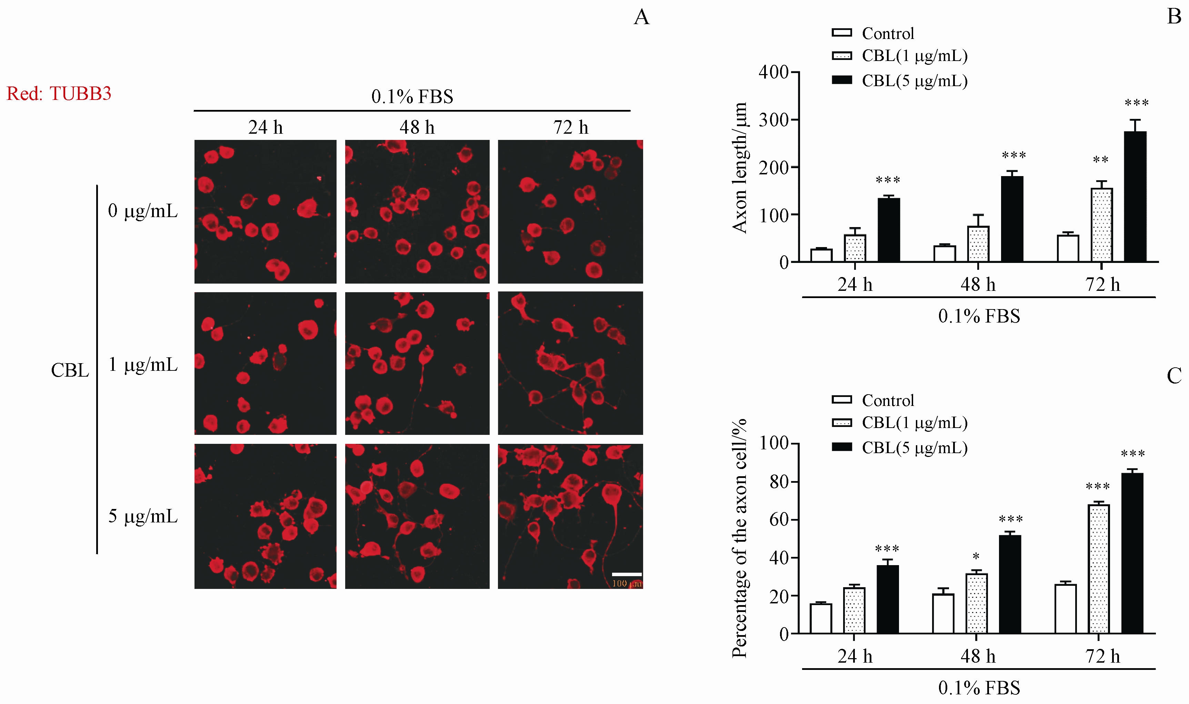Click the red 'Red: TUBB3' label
(x=59, y=93)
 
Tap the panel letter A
(x=641, y=17)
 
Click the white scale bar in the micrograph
(x=627, y=574)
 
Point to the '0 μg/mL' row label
(x=143, y=211)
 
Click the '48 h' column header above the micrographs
(x=417, y=127)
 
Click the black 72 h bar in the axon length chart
(x=1135, y=196)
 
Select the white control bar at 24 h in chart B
(x=821, y=255)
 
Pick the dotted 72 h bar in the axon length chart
(x=1102, y=225)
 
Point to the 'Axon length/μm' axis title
(x=740, y=167)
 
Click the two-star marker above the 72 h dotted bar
(x=1101, y=160)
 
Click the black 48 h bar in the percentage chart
(x=1010, y=584)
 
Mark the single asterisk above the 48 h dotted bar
(x=976, y=556)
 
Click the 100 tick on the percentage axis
(x=774, y=443)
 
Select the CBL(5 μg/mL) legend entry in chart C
(x=899, y=447)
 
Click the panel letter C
(x=1174, y=376)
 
